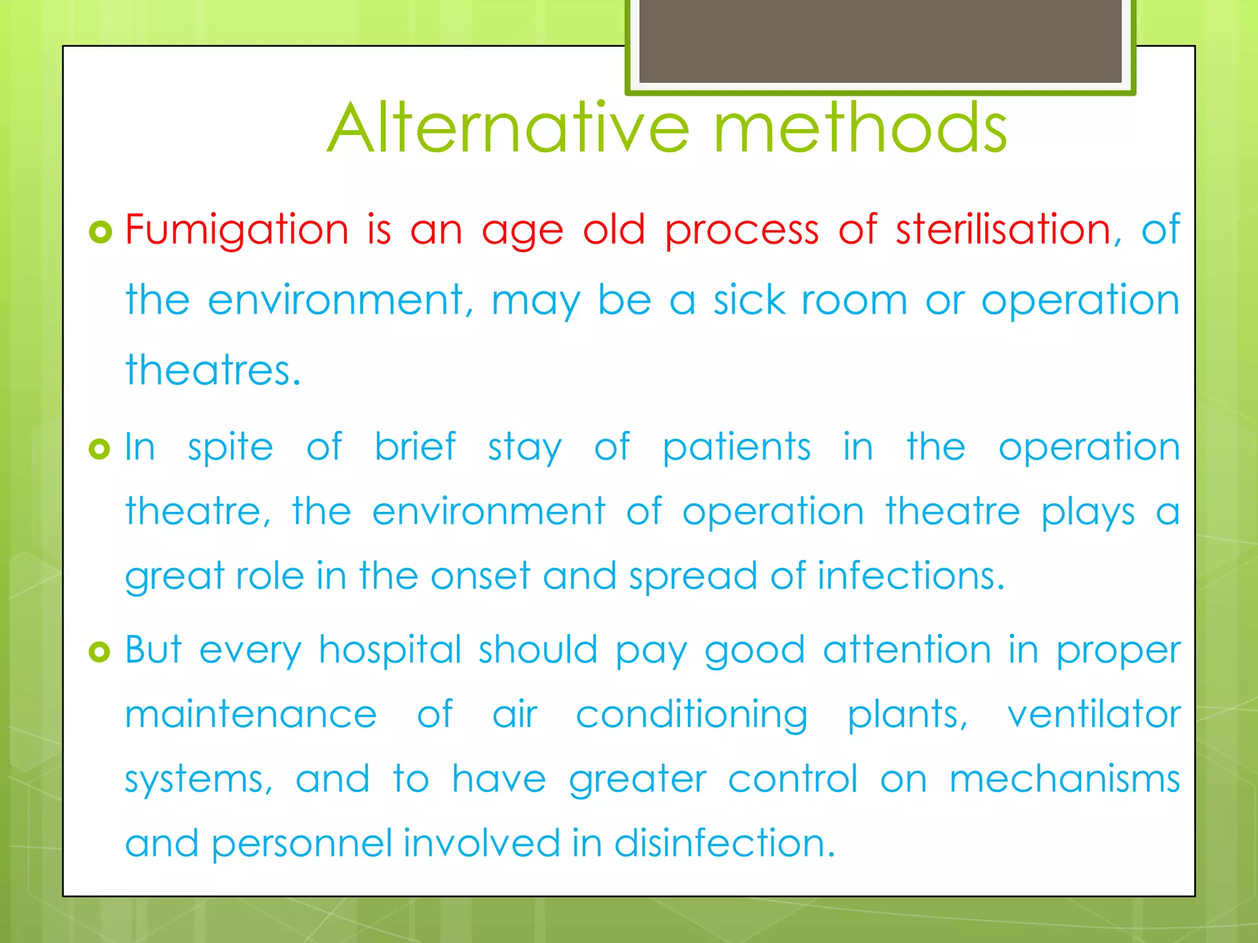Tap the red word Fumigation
[237, 230]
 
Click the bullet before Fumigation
[100, 232]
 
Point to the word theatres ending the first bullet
[213, 370]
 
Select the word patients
[736, 448]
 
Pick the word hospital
[390, 650]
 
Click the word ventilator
[1093, 715]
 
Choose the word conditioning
[692, 716]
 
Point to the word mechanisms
[1065, 779]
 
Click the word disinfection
[725, 843]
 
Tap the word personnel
[302, 844]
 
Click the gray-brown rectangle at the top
[880, 41]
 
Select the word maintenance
[251, 715]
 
